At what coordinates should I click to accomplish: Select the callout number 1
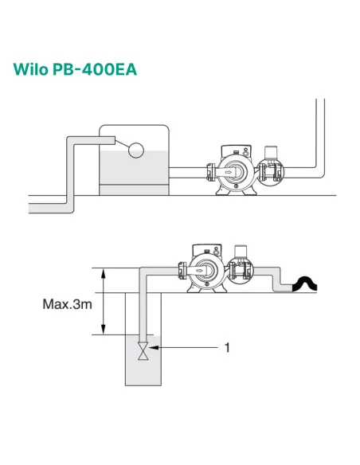[x=228, y=347]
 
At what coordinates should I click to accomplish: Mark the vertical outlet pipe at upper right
[x=320, y=135]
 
